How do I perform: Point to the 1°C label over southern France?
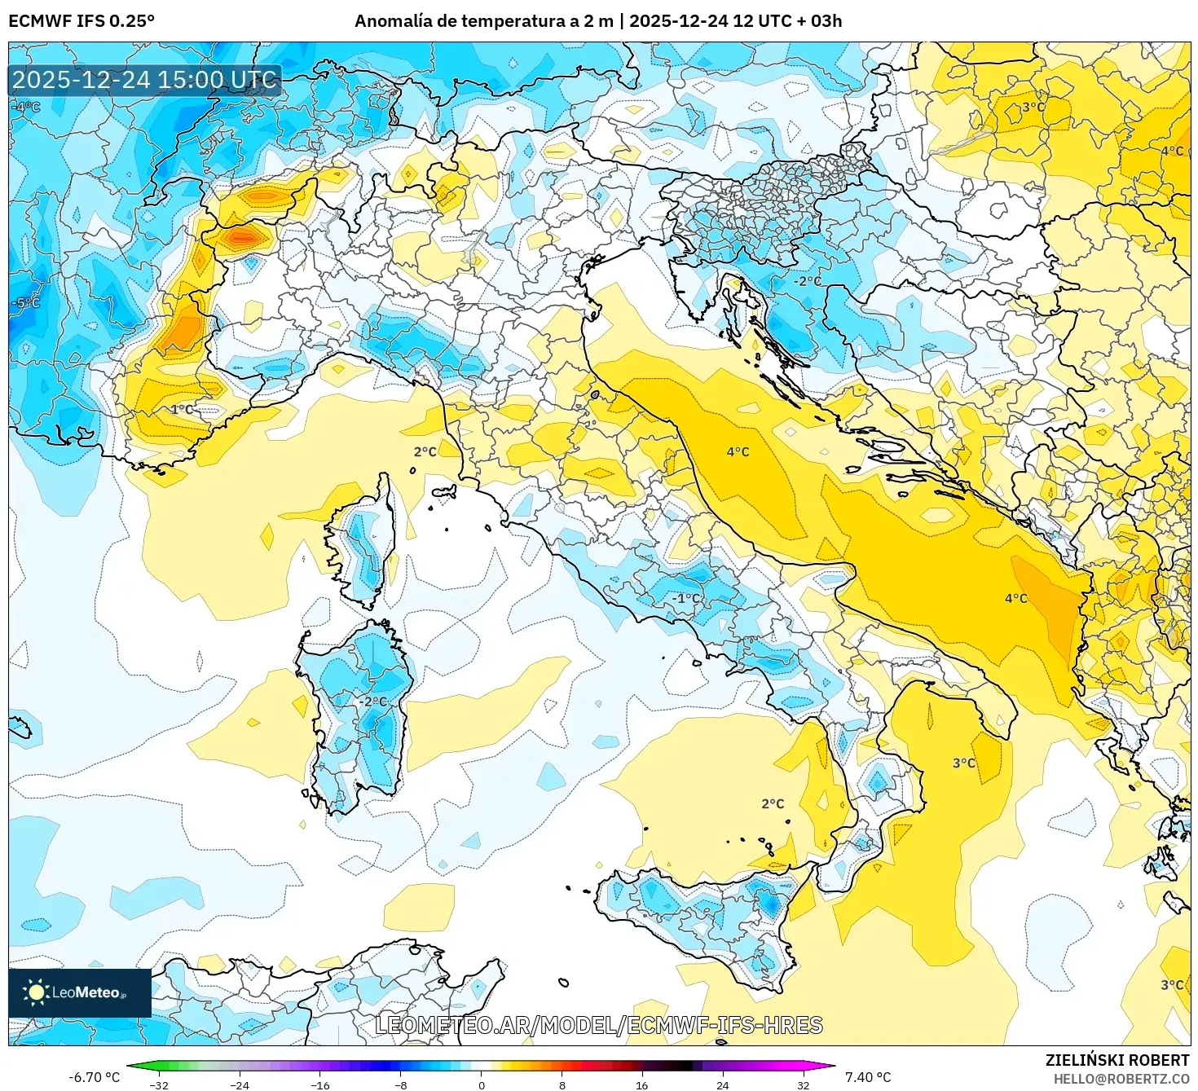coord(182,409)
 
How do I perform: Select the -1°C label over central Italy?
coord(685,598)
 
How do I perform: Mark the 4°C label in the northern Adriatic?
coord(738,452)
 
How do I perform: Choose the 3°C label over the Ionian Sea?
coord(963,763)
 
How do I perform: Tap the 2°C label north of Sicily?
coord(772,804)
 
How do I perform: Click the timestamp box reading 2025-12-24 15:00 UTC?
coord(145,80)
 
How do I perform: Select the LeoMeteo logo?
coord(79,992)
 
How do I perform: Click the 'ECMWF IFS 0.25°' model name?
coord(81,20)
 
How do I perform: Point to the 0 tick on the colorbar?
coord(482,1084)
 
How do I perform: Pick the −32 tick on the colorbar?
coord(160,1084)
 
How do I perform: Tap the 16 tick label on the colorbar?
coord(642,1084)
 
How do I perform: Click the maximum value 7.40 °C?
coord(867,1077)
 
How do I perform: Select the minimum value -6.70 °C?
coord(94,1077)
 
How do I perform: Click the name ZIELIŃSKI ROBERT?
coord(1117,1060)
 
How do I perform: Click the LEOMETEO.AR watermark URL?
coord(598,1025)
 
